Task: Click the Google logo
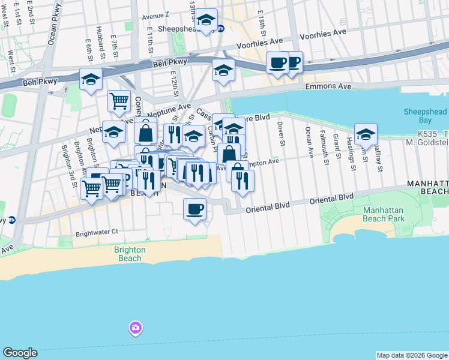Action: coord(20,353)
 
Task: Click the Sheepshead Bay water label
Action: coord(426,116)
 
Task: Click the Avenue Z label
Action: coord(156,14)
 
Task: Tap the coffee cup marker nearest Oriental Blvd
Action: coord(194,210)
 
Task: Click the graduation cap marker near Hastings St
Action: coord(365,135)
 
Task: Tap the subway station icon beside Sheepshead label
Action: coord(220,28)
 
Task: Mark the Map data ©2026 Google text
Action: coord(411,355)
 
